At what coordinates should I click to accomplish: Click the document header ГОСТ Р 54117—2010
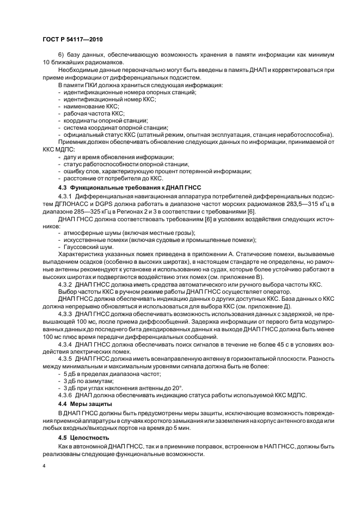pyautogui.click(x=72, y=40)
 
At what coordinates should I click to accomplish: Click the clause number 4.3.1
pyautogui.click(x=65, y=195)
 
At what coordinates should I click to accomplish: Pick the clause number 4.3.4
pyautogui.click(x=65, y=344)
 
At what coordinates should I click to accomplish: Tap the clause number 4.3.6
pyautogui.click(x=65, y=394)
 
